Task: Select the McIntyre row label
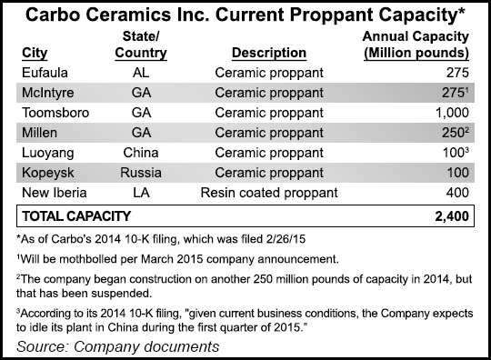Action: pos(46,93)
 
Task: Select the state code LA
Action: pos(141,192)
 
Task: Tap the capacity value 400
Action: pos(457,192)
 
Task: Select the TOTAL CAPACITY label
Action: pos(77,216)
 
